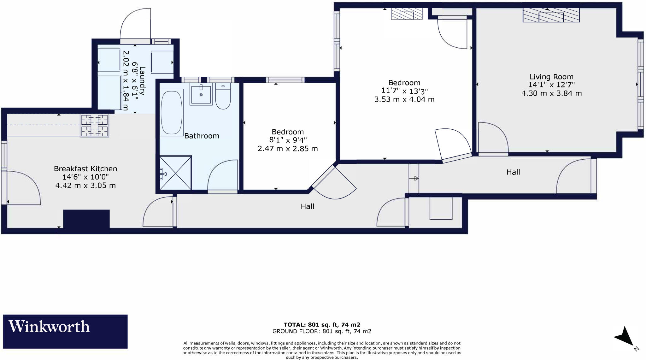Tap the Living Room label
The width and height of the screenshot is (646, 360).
(x=551, y=77)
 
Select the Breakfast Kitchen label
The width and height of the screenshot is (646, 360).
(x=85, y=168)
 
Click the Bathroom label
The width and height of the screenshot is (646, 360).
(x=202, y=136)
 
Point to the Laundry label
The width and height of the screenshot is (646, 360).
(x=142, y=81)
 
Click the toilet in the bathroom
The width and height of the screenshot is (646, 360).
(x=223, y=96)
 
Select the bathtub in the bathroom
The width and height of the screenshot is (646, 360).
(x=172, y=113)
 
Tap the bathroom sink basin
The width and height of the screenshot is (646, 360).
(x=201, y=94)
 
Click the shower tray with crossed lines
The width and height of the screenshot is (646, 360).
(x=176, y=173)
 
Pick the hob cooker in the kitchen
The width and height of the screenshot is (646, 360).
(x=95, y=126)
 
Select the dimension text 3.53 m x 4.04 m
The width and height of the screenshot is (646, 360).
(x=404, y=99)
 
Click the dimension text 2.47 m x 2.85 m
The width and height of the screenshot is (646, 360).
(x=287, y=149)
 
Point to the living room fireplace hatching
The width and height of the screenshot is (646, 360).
(x=551, y=15)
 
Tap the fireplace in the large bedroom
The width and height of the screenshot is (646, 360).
(x=406, y=14)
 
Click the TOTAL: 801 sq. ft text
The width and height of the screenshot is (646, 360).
(x=322, y=325)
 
